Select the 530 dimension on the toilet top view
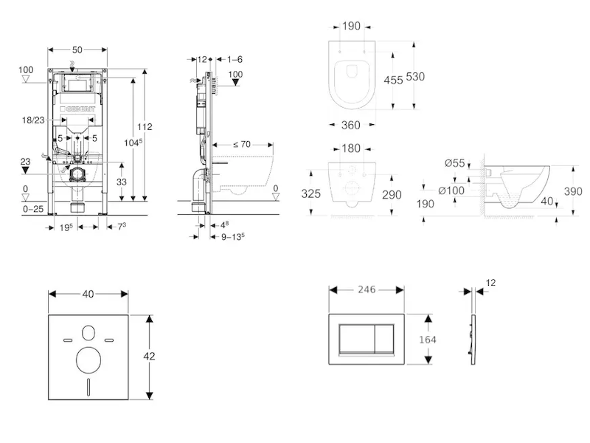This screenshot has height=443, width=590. [x=415, y=77]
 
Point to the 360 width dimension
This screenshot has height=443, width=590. [x=351, y=126]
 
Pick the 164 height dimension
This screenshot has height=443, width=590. [x=427, y=339]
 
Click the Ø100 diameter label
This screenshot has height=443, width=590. [x=451, y=190]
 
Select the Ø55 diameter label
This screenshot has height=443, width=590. [x=455, y=163]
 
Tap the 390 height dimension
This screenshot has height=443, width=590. [x=574, y=190]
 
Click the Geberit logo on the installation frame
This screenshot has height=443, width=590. [x=78, y=109]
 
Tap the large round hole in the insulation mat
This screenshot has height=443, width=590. [x=88, y=360]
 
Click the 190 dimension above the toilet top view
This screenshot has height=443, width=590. [x=351, y=26]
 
